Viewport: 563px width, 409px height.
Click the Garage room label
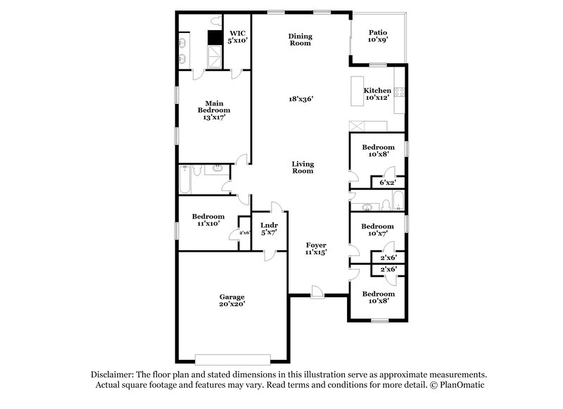[232, 300]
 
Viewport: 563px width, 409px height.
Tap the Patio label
[379, 36]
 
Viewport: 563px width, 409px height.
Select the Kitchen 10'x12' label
[377, 95]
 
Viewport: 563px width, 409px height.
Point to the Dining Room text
[300, 39]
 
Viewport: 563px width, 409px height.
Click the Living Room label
[303, 167]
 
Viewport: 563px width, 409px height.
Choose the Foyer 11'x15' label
[316, 247]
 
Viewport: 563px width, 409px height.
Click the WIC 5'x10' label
[237, 37]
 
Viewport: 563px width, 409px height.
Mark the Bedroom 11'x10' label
[208, 220]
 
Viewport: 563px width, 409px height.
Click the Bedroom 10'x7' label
[378, 231]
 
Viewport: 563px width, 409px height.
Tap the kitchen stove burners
[400, 91]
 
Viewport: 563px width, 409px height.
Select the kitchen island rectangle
[356, 91]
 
